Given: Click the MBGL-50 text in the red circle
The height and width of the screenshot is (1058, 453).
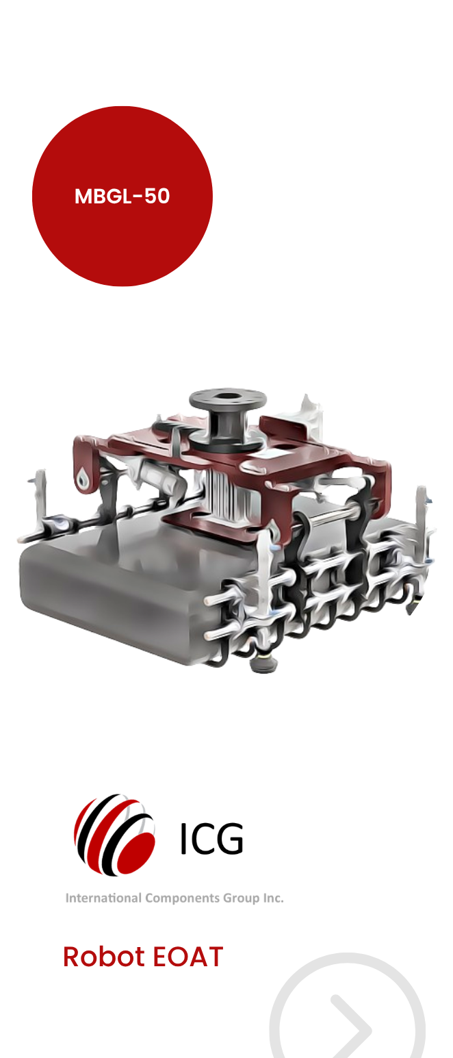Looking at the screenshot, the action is tap(122, 196).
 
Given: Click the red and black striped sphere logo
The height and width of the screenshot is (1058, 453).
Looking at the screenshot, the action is tap(115, 835).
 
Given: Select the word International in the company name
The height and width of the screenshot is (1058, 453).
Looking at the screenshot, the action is tap(103, 897).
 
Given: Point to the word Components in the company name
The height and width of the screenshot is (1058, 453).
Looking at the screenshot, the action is tap(182, 898).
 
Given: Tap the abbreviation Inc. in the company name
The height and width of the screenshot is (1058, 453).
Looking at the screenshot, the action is tap(273, 897).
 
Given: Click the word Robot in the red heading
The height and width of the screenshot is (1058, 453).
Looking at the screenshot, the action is tap(103, 957).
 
